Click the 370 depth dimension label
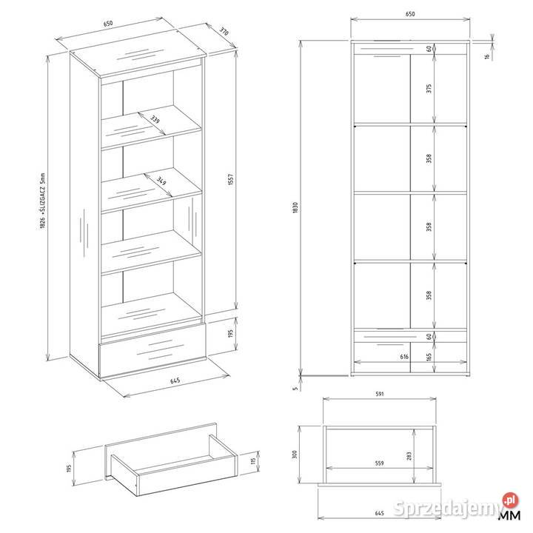coord(224,32)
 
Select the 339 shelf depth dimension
coord(155,119)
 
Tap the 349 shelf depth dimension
coord(161,181)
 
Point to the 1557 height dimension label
coord(231,179)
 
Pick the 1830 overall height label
coord(295,208)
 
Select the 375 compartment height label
coord(429,88)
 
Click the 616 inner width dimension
coord(404,357)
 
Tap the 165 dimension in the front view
coord(429,357)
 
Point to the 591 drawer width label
coord(380,394)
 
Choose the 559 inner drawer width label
coord(379,463)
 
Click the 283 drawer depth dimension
coord(409,456)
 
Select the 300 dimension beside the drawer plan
coord(295,454)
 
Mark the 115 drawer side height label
coord(253,461)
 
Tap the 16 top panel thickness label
coord(487,56)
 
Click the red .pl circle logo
coord(511,500)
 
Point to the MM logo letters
coord(509,515)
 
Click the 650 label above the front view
coord(410,14)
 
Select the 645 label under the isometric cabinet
coord(175,381)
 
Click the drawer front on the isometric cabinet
coord(152,350)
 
